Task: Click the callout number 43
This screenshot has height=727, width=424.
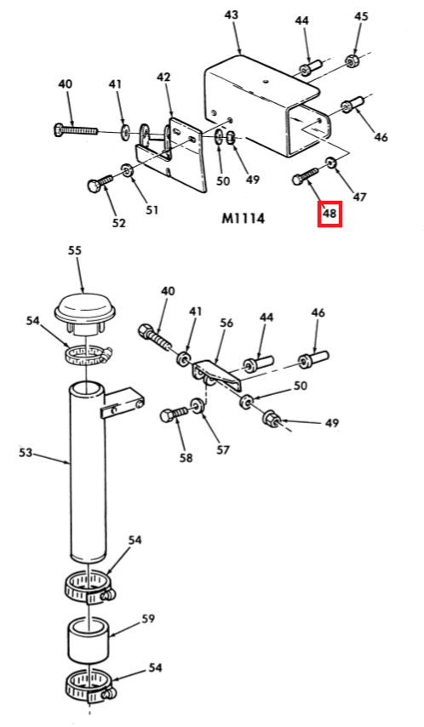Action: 231,15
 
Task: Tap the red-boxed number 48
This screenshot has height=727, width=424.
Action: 329,214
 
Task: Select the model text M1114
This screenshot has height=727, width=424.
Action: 244,218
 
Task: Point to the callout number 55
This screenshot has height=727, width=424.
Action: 75,250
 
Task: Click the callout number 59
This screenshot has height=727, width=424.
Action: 148,619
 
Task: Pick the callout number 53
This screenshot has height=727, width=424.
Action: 26,451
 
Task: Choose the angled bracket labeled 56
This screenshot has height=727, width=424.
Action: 217,374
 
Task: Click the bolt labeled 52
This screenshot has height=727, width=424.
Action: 100,183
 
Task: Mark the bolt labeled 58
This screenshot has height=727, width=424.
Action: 174,414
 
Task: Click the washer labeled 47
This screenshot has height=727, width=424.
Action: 330,163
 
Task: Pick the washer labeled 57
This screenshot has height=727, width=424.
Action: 198,404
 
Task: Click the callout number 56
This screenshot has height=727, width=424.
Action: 226,323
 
